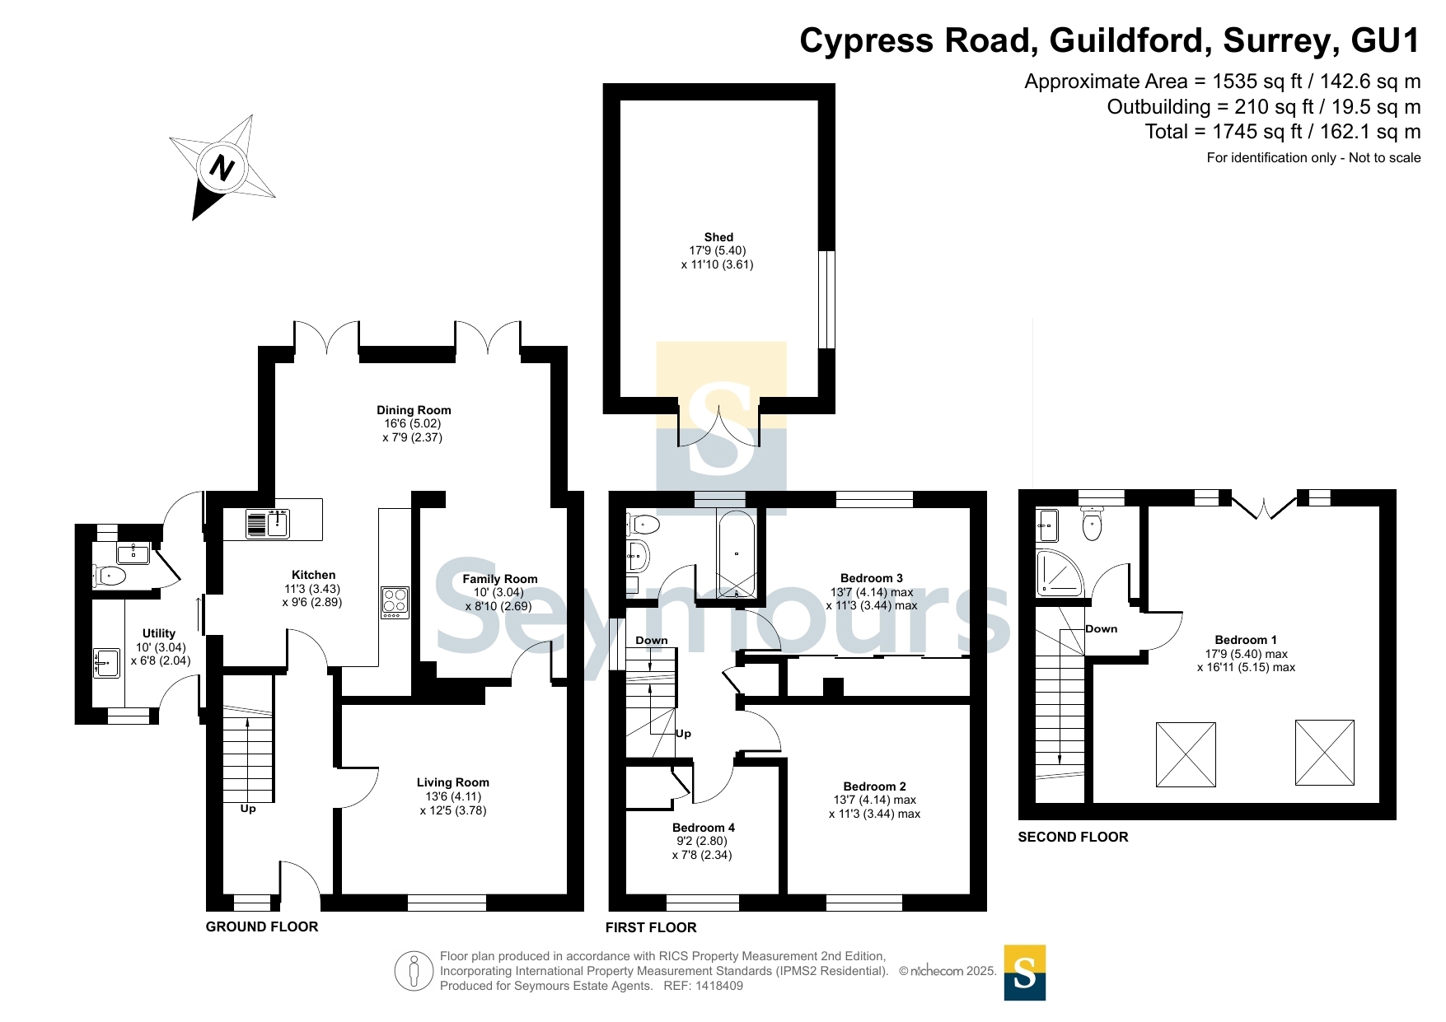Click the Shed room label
(x=718, y=237)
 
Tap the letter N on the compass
(x=222, y=168)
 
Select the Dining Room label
(x=414, y=410)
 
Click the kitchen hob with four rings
(x=395, y=602)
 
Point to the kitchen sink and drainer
(x=268, y=524)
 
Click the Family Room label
(x=499, y=579)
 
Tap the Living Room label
(x=452, y=782)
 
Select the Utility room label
(x=159, y=633)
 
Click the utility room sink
(x=107, y=663)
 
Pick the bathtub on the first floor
(x=737, y=554)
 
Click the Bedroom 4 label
(x=704, y=828)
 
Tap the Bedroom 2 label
(x=874, y=786)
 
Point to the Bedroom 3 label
(x=872, y=578)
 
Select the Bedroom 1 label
(x=1246, y=640)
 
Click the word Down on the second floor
(x=1102, y=628)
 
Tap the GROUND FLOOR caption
(x=262, y=926)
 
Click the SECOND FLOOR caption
(x=1073, y=837)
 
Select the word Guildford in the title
(x=1130, y=41)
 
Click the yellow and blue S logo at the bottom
(x=1025, y=973)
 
